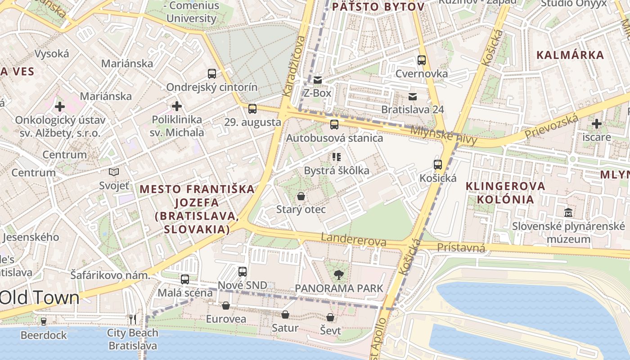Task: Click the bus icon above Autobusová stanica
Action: pos(334,125)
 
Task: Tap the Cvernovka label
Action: pos(422,73)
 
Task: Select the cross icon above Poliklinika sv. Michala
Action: pos(177,106)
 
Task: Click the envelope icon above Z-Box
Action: pos(318,80)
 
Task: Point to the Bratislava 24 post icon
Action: pos(412,96)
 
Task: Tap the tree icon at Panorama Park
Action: pos(338,274)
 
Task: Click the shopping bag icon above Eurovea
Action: pos(226,306)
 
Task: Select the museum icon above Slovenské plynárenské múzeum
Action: pos(568,212)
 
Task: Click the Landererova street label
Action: pos(354,239)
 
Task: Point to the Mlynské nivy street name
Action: pos(443,135)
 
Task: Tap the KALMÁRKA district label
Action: pos(570,55)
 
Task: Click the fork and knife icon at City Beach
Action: pos(133,319)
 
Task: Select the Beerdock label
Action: pos(44,335)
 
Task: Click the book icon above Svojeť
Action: pos(114,172)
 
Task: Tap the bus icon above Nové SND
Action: pos(243,272)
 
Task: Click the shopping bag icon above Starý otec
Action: pos(301,197)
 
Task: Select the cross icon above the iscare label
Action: pos(597,124)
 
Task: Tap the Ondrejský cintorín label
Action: pos(212,87)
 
